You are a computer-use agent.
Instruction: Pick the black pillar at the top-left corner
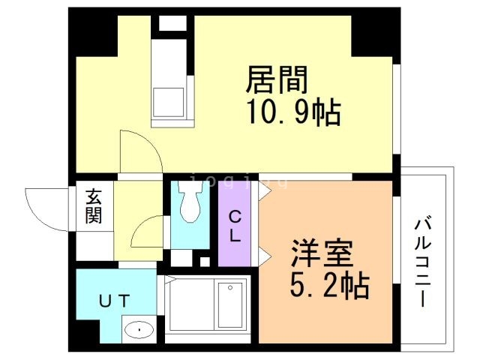[x=93, y=34]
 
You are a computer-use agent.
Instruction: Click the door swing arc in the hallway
[x=147, y=232]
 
